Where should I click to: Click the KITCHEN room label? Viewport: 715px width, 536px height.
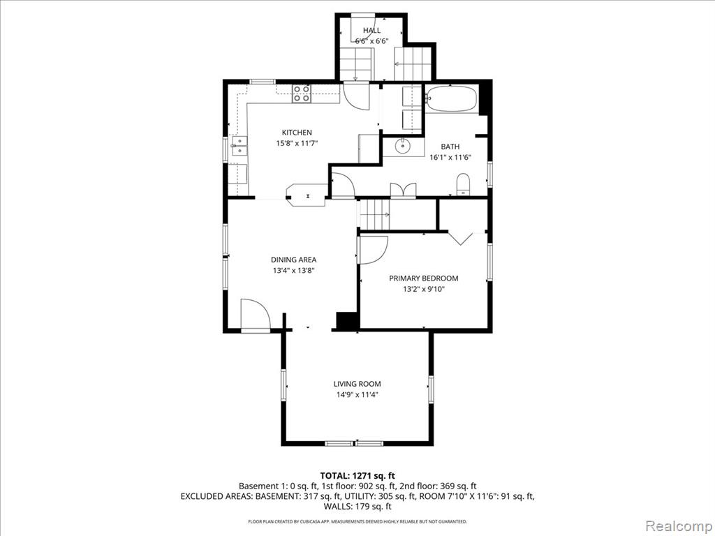pos(297,133)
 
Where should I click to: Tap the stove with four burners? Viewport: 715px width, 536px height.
pos(302,94)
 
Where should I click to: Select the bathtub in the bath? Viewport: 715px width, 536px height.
pos(452,98)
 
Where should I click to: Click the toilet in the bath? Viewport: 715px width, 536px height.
pos(463,184)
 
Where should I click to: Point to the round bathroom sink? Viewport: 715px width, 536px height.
pos(403,147)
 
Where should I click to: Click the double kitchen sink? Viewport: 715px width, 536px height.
pos(239,147)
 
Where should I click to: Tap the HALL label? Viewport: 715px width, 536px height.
pos(371,31)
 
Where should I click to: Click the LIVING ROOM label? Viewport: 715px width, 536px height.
pos(357,385)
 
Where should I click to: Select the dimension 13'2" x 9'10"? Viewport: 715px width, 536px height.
pos(424,289)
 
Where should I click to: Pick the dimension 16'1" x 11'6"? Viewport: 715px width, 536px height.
pos(450,158)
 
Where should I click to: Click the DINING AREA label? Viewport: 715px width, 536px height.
pos(294,260)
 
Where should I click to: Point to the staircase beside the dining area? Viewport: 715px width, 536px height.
pos(375,215)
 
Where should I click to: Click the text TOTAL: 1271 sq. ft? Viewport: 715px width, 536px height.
pos(357,476)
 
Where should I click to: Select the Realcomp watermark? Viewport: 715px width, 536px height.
pos(679,526)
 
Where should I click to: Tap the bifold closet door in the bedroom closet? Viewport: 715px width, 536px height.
pos(461,238)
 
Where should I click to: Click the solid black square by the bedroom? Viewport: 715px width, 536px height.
pos(346,320)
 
